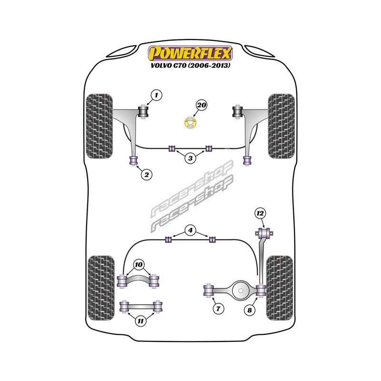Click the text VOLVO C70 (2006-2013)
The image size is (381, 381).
(190, 65)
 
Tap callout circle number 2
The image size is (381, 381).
(147, 175)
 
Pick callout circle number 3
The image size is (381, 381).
(190, 158)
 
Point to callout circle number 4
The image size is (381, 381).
(190, 231)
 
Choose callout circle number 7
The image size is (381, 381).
(218, 309)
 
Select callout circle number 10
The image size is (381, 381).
(139, 264)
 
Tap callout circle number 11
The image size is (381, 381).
(140, 321)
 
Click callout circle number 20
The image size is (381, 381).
(201, 105)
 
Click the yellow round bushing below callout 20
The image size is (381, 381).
(190, 123)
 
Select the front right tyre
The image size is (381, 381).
(281, 126)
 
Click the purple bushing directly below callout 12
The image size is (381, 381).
(264, 233)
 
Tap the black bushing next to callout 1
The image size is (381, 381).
(144, 112)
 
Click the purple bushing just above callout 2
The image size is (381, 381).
(134, 160)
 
